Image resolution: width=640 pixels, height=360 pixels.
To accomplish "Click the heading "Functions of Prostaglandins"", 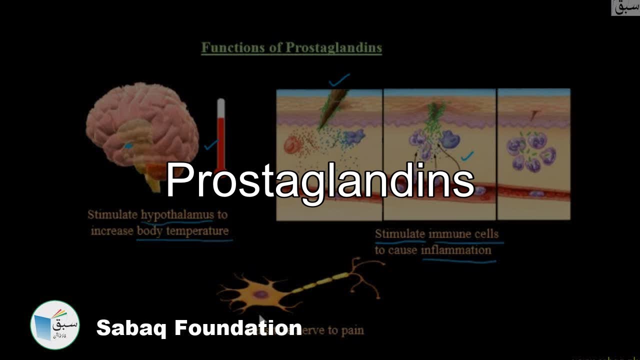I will point(291,48).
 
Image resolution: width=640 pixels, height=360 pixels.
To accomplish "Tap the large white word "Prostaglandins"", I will point(320,181).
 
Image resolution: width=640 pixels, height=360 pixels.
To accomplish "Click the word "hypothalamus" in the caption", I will point(177,215).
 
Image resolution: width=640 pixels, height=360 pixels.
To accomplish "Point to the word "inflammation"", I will point(456,250).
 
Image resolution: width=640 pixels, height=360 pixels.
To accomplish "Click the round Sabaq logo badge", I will point(55,325).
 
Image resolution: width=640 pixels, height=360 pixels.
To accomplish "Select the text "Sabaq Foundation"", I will point(199,328).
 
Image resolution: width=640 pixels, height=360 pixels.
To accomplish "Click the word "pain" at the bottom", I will point(352,330).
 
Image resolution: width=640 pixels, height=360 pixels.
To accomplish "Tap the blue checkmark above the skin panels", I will point(339,79).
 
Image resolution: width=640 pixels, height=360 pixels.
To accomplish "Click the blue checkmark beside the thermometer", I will point(211,145).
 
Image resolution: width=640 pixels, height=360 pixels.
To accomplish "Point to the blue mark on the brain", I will point(128,145).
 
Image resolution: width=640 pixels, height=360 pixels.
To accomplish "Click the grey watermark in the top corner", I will point(625,7).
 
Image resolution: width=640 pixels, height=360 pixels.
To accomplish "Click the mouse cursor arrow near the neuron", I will point(262,320).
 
